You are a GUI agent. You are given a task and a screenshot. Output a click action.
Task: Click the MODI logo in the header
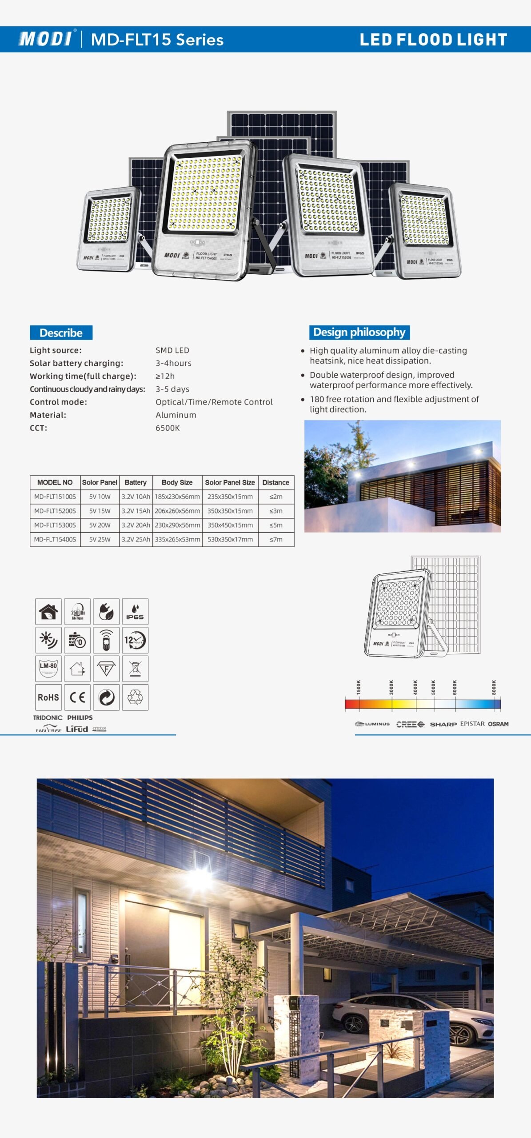(x=46, y=39)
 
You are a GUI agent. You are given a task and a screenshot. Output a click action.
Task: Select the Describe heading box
(x=61, y=333)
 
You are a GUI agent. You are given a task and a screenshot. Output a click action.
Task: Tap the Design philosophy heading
(x=359, y=332)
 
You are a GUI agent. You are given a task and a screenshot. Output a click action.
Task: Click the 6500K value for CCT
(x=168, y=428)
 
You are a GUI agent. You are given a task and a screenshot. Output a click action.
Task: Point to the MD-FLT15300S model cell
(x=55, y=525)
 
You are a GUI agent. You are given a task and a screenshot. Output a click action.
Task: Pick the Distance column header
(x=275, y=482)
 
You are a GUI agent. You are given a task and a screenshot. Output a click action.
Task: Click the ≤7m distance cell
(x=276, y=539)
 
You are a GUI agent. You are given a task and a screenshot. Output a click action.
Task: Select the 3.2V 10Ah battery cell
(x=136, y=497)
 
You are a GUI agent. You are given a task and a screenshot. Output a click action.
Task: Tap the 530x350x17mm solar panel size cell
(x=230, y=539)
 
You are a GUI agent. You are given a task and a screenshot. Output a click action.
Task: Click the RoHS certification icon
(x=48, y=697)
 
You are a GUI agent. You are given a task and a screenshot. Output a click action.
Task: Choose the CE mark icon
(x=77, y=697)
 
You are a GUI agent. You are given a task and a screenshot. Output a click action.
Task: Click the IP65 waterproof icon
(x=135, y=612)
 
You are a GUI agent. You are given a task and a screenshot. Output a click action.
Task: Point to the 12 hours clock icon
(x=135, y=640)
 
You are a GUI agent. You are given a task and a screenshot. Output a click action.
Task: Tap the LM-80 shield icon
(x=48, y=668)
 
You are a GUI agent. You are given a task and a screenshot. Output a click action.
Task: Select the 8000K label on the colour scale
(x=494, y=687)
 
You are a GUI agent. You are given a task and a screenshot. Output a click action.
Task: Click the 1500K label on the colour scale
(x=359, y=687)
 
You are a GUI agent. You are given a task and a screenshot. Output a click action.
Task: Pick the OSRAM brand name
(x=498, y=724)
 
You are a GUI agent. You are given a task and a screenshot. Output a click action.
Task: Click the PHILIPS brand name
(x=80, y=717)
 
